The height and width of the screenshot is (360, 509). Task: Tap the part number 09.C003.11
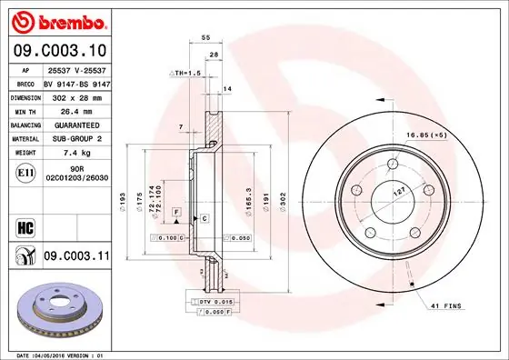(x=75, y=256)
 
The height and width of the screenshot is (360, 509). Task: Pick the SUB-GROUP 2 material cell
(x=76, y=138)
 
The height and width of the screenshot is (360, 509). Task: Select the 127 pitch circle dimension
(x=398, y=193)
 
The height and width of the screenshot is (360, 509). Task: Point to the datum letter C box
(x=205, y=219)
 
